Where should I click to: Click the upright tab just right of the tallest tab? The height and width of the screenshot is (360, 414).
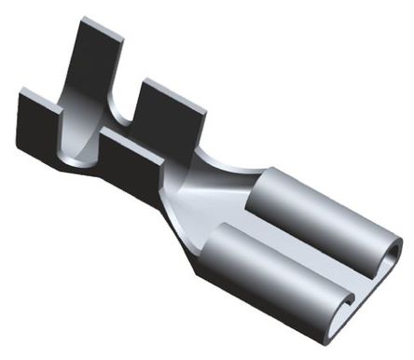tap(172, 112)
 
